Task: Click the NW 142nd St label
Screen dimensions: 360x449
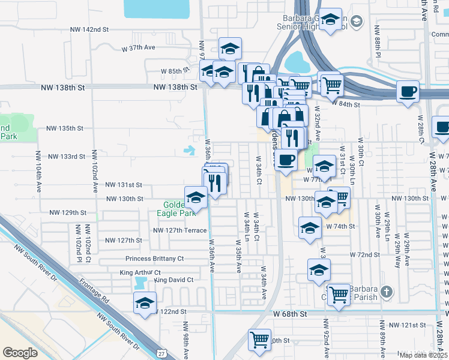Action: tap(89, 29)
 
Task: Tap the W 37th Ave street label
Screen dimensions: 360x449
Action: tap(139, 47)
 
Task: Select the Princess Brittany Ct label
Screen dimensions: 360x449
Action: tap(154, 259)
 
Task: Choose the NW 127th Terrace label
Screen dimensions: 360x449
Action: tap(180, 230)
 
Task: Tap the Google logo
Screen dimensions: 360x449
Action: tap(20, 353)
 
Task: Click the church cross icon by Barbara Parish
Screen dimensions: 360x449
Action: tap(387, 293)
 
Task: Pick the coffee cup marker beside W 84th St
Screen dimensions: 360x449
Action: tap(408, 92)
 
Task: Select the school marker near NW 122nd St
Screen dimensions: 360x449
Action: tap(145, 304)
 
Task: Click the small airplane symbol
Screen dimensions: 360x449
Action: tap(190, 150)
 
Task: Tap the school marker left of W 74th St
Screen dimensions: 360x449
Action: tap(310, 227)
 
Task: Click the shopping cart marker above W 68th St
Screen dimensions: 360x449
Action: tap(339, 294)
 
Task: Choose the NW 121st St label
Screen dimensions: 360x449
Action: tap(406, 325)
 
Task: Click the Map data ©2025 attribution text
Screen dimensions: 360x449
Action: tap(424, 355)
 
